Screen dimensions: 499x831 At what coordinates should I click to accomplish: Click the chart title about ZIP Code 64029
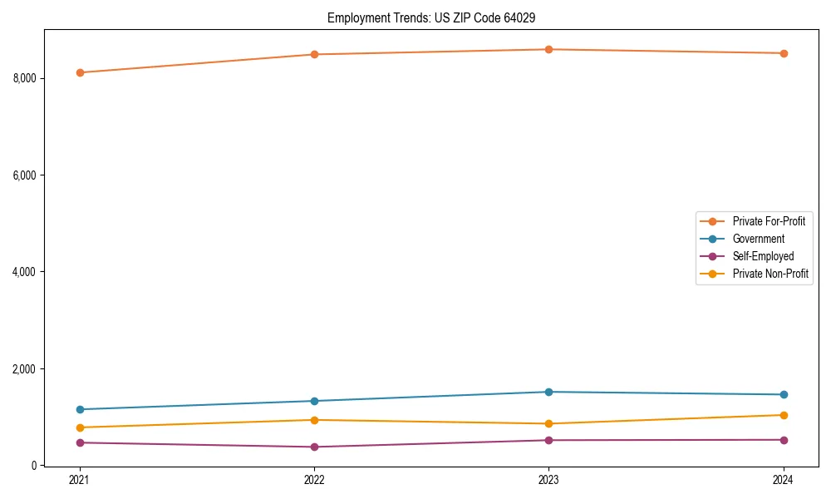coord(437,17)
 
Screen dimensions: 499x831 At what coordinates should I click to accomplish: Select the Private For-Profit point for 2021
coord(80,72)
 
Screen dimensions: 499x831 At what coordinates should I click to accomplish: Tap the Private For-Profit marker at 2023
coord(549,49)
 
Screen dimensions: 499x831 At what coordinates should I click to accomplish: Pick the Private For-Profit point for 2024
coord(784,53)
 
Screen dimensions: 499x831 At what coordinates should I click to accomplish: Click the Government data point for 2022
coord(314,401)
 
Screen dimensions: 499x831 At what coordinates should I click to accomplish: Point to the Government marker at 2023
coord(549,392)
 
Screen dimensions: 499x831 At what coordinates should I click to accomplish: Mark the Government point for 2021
coord(80,409)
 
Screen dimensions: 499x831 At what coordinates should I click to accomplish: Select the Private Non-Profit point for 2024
coord(784,415)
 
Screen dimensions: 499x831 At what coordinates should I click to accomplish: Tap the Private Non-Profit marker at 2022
coord(314,420)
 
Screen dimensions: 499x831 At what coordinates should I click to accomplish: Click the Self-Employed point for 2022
coord(314,447)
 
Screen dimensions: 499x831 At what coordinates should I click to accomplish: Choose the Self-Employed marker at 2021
coord(80,442)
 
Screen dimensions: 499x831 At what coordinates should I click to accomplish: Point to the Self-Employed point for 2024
coord(784,440)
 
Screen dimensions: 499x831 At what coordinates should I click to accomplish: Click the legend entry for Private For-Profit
coord(768,221)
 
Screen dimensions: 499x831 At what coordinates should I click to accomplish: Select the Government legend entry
coord(758,239)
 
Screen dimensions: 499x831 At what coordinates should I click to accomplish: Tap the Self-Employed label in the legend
coord(763,256)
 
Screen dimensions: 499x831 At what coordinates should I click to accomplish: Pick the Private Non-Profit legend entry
coord(770,274)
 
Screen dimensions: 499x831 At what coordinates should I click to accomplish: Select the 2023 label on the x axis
coord(549,480)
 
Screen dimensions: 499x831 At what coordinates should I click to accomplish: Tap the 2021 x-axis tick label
coord(80,480)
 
